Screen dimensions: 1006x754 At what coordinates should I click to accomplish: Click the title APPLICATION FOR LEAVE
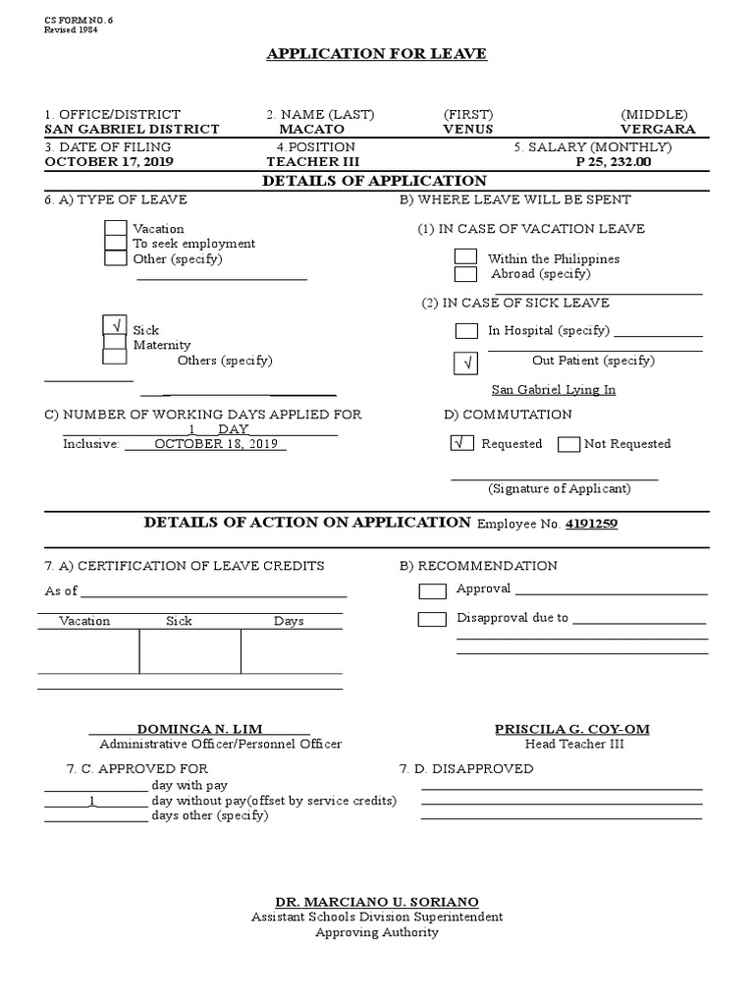(x=376, y=54)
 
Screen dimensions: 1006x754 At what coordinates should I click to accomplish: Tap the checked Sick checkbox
(x=115, y=325)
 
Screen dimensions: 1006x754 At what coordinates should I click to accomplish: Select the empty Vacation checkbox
(x=115, y=228)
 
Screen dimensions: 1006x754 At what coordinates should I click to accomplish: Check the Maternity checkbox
(x=115, y=342)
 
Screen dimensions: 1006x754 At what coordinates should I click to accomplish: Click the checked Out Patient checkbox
(x=466, y=363)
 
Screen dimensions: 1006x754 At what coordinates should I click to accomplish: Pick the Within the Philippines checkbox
(x=465, y=256)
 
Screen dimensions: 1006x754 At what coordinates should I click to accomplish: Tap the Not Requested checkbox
(x=568, y=444)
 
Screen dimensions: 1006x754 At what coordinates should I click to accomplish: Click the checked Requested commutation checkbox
(x=460, y=443)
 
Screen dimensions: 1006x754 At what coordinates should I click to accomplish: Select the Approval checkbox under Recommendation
(x=432, y=590)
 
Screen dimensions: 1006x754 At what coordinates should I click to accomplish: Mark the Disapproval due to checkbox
(x=431, y=619)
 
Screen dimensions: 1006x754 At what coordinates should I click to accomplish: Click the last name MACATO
(x=311, y=130)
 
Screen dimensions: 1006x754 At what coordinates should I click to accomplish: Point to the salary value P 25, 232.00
(x=613, y=162)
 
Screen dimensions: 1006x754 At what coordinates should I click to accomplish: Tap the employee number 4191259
(x=591, y=525)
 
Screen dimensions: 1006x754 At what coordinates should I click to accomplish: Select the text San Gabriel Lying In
(x=553, y=390)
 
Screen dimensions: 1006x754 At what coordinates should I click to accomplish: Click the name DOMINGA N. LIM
(x=199, y=729)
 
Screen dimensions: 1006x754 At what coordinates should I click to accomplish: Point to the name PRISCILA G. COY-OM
(x=573, y=729)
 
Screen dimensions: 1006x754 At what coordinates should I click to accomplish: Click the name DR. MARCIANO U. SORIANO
(x=377, y=902)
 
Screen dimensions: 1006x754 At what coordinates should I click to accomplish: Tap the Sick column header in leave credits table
(x=180, y=621)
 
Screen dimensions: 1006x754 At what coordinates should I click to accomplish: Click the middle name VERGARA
(x=658, y=130)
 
